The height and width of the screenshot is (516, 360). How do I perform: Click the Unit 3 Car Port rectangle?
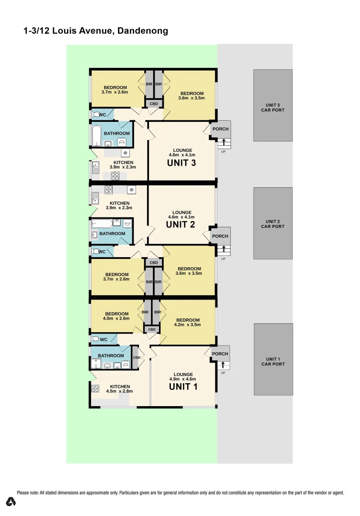(273, 105)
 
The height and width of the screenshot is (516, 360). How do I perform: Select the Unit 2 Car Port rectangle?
(273, 223)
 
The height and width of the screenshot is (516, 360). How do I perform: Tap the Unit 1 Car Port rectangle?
(273, 359)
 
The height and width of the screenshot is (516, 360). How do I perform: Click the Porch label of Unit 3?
(220, 129)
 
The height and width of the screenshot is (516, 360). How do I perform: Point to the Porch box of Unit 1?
(220, 354)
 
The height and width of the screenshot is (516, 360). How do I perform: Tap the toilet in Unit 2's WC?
(97, 251)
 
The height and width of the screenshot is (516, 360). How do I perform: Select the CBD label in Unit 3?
(154, 104)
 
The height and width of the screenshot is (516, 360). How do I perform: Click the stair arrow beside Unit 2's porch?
(223, 250)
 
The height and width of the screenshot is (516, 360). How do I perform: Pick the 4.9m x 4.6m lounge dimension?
(183, 379)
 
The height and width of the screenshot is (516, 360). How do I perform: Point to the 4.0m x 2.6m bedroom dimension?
(116, 318)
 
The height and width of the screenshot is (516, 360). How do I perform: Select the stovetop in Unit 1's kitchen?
(95, 388)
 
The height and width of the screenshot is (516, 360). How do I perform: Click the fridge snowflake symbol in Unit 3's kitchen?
(125, 153)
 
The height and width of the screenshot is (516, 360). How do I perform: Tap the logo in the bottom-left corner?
(11, 502)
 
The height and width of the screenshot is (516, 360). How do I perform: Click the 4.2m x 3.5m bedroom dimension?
(187, 324)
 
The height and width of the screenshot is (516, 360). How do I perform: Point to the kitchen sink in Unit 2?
(95, 194)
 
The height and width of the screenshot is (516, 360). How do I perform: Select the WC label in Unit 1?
(104, 339)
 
